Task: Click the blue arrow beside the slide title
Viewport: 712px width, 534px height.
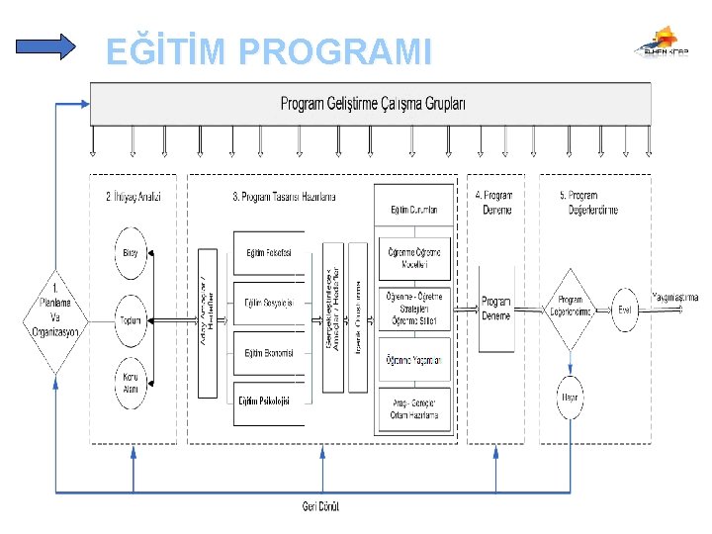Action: [46, 46]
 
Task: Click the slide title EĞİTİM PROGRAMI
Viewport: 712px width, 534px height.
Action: [268, 50]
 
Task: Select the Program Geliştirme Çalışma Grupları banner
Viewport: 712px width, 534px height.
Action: [371, 103]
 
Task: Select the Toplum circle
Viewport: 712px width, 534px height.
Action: [132, 318]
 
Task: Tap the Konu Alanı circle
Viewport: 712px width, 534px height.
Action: [132, 382]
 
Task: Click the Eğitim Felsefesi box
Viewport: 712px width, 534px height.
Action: [269, 253]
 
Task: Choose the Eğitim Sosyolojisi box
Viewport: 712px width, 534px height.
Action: [269, 304]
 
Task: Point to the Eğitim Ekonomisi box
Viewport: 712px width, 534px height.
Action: [269, 353]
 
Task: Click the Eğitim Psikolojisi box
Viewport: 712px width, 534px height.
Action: [269, 400]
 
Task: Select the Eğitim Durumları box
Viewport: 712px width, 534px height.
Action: [413, 210]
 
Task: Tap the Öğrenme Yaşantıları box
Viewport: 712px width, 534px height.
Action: [413, 360]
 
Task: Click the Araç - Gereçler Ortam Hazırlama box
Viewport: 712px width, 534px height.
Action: [413, 408]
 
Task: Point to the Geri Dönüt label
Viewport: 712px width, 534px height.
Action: [321, 506]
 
